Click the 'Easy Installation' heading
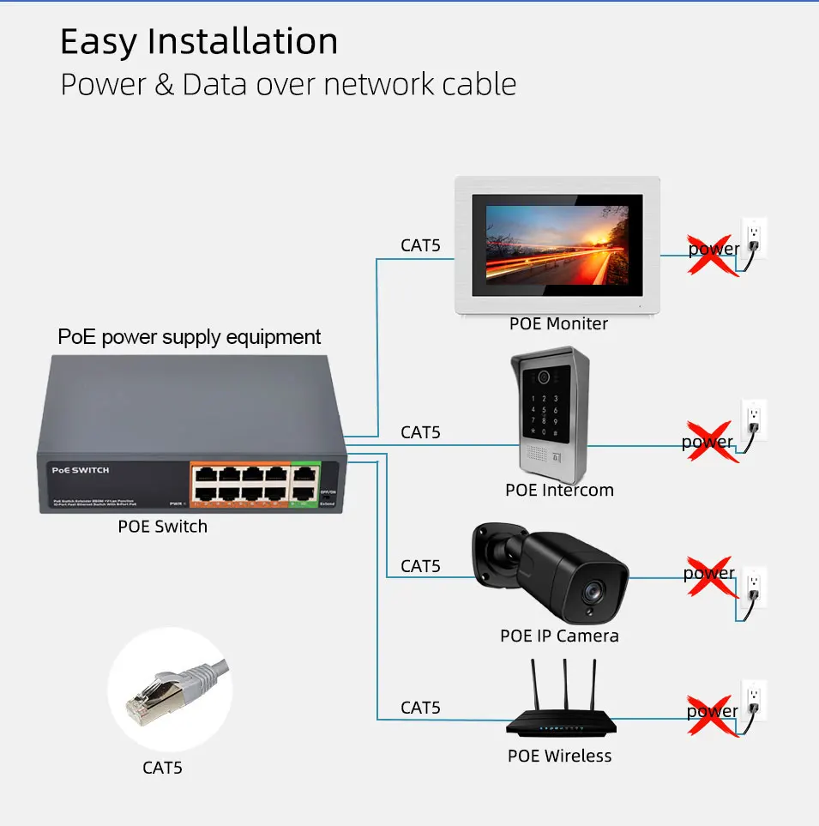click(199, 41)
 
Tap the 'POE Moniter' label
click(558, 324)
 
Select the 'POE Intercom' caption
click(559, 491)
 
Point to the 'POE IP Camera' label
click(559, 636)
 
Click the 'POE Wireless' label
click(559, 756)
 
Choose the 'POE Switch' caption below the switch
click(162, 527)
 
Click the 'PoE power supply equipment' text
click(190, 337)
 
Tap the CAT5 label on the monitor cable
click(420, 245)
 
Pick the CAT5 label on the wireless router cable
click(420, 708)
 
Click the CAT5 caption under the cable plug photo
click(162, 768)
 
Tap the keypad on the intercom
click(549, 410)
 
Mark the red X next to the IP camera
click(709, 576)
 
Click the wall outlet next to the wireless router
click(753, 699)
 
